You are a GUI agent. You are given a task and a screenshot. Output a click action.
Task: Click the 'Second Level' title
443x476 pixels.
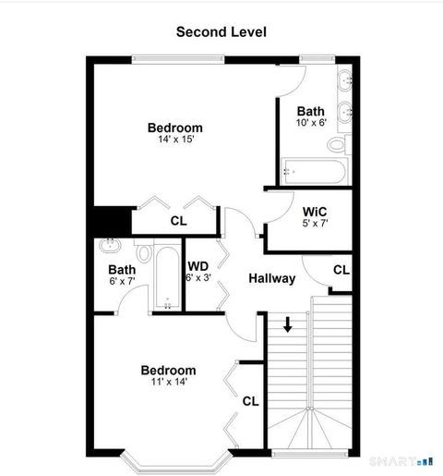(x=221, y=31)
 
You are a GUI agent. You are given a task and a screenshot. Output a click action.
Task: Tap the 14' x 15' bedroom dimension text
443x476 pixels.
(x=175, y=140)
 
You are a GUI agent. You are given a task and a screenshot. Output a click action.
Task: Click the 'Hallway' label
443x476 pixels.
(x=271, y=278)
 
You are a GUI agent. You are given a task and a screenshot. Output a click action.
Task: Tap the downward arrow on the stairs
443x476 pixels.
(x=288, y=323)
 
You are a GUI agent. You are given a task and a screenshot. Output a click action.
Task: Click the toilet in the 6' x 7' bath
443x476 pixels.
(x=143, y=253)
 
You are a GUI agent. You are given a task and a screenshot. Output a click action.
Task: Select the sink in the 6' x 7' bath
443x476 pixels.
(x=111, y=247)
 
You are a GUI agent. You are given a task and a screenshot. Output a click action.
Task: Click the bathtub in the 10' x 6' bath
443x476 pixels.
(x=315, y=171)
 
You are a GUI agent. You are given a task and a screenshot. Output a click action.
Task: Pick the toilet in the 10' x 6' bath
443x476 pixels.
(x=339, y=145)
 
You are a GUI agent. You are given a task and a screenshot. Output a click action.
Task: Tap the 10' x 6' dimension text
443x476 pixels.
(x=311, y=123)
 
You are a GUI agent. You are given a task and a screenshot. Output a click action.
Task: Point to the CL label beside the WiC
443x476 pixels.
(x=341, y=270)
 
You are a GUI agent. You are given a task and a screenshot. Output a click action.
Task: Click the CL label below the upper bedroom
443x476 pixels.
(x=178, y=222)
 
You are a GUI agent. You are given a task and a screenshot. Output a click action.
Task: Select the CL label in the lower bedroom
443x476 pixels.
(x=250, y=401)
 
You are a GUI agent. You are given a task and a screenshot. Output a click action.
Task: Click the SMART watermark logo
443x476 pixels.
(x=400, y=459)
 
